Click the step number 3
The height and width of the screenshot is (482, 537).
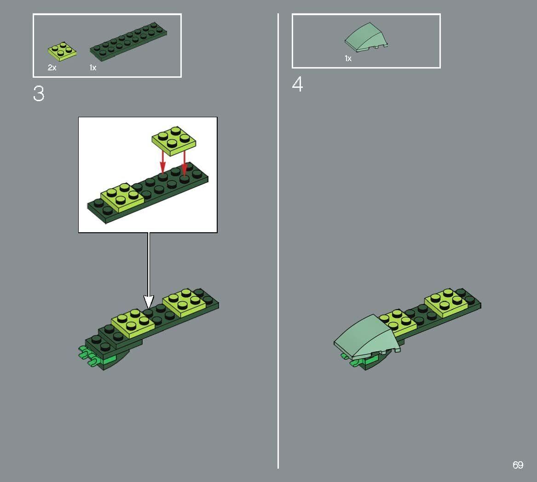point(39,94)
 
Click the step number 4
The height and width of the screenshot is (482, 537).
point(298,85)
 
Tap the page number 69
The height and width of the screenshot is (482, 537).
point(518,465)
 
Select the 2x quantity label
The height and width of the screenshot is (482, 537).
point(52,68)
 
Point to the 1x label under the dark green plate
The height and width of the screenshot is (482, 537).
point(93,68)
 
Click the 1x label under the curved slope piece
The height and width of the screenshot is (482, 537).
point(348,58)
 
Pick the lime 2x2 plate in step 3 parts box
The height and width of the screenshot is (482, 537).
point(62,51)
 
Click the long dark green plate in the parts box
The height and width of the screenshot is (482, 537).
point(128,41)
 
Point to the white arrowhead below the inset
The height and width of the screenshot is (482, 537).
point(148,302)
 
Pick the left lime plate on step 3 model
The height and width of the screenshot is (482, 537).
point(133,320)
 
